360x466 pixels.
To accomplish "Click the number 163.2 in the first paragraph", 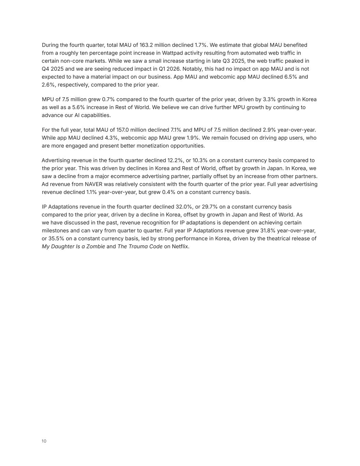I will pyautogui.click(x=146, y=45).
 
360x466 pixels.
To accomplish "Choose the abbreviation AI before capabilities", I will pyautogui.click(x=77, y=115).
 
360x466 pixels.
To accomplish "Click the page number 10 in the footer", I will pyautogui.click(x=44, y=441).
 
